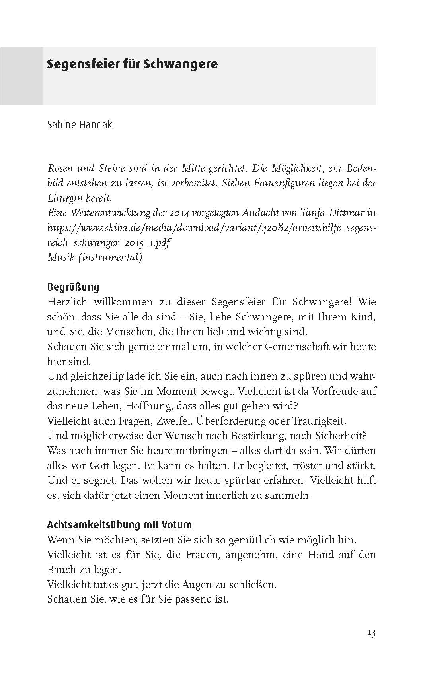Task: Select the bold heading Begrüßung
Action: point(73,287)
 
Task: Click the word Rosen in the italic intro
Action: point(60,168)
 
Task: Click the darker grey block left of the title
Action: point(21,76)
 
